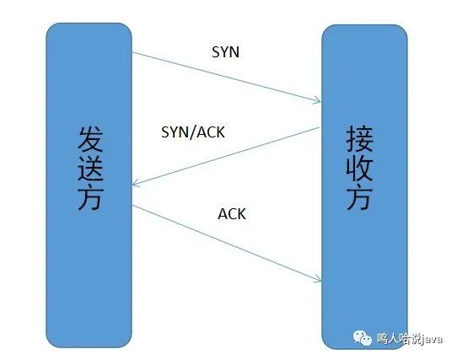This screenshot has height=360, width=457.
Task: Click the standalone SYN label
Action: pos(226,52)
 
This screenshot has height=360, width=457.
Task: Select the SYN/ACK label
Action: pos(193,132)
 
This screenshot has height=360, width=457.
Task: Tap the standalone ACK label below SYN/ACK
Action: pos(232,213)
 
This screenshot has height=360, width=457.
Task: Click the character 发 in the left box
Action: pos(90,139)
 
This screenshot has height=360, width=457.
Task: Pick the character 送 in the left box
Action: pos(90,169)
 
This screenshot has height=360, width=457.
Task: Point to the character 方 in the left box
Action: pos(90,197)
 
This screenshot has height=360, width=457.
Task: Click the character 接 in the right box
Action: pos(360,139)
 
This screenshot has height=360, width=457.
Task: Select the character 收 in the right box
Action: pos(360,168)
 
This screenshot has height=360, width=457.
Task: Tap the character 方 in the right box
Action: pos(360,197)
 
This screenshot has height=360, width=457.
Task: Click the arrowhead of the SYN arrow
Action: pos(320,101)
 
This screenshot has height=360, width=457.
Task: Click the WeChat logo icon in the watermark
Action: pos(363,338)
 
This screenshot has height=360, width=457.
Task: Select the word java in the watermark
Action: pos(433,339)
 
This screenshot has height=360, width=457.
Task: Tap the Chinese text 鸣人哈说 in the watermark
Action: pos(400,339)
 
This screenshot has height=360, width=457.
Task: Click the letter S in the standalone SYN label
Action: pos(216,52)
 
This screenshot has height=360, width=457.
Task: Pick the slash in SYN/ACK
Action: pos(193,132)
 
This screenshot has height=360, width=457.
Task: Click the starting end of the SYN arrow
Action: pos(132,52)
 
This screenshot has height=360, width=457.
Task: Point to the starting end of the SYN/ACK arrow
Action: pos(320,127)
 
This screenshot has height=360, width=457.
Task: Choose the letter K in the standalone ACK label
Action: pos(242,213)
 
